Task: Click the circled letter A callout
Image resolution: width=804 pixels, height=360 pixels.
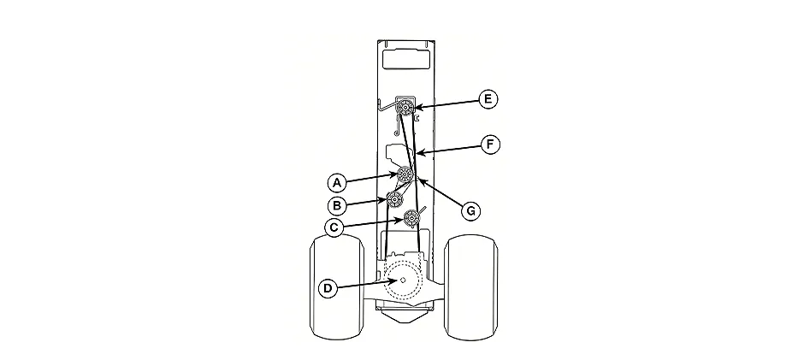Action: point(336,182)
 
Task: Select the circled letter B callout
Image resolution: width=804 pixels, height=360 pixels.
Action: point(336,205)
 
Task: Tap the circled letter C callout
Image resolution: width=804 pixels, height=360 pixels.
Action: point(334,227)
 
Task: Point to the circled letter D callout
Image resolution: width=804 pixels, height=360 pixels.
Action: point(328,289)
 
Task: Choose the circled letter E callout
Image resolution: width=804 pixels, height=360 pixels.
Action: point(488,99)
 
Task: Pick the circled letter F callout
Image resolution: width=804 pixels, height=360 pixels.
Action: point(490,145)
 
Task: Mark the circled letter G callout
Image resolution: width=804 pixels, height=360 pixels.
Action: point(470,210)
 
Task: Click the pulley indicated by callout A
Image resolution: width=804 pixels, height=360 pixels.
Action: point(405,175)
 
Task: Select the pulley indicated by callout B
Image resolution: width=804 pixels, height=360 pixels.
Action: point(394,199)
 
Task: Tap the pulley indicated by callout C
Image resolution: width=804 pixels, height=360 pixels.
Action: point(411,219)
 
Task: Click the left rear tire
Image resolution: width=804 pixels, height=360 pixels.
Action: point(337,286)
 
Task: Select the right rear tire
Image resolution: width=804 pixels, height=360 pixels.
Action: point(471,286)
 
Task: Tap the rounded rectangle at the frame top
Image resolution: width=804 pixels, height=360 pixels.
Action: point(406,58)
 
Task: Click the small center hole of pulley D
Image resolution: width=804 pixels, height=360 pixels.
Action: point(403,280)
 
